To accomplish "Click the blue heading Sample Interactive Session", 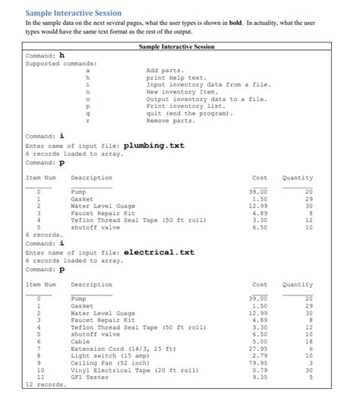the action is click(73, 13).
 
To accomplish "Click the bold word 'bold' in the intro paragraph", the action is click(235, 24).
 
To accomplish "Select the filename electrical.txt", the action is click(159, 252).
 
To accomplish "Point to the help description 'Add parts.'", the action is click(165, 70).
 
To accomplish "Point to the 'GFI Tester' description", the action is click(89, 377).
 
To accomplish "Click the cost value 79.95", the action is click(259, 362).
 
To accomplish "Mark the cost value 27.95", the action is click(259, 349).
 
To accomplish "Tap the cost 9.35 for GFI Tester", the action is click(261, 377).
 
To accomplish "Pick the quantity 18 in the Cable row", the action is click(308, 341).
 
